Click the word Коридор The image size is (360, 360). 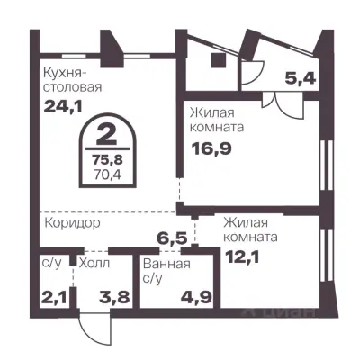coord(70,221)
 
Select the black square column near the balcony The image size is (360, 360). coord(218,60)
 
